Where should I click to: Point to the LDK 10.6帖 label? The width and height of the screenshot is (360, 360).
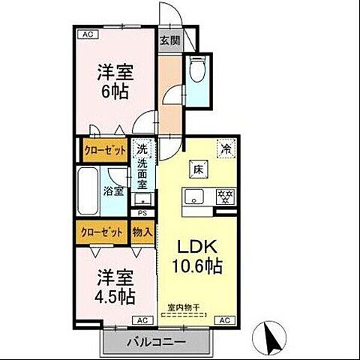(198, 256)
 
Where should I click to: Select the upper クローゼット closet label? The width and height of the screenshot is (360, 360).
(104, 150)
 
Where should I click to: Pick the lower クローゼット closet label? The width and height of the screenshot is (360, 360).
(102, 232)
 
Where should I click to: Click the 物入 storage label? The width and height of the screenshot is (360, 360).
(142, 232)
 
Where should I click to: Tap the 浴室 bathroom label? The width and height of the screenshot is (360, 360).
(113, 190)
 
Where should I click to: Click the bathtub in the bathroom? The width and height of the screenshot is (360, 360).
(88, 191)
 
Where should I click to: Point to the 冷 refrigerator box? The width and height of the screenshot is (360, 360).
(224, 149)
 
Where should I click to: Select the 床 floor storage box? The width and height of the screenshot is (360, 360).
(198, 169)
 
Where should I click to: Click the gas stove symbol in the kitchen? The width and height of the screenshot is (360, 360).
(223, 198)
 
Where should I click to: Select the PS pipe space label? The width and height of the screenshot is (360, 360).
(142, 212)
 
